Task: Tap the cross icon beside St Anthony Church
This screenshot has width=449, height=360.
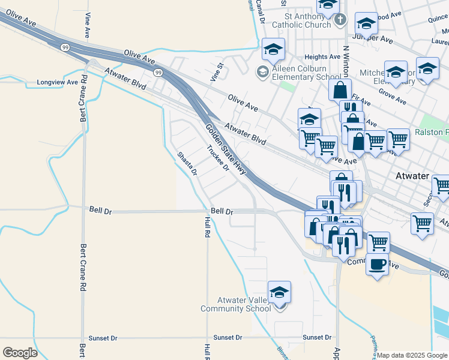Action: click(x=340, y=20)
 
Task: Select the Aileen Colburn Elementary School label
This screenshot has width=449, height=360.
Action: click(x=307, y=73)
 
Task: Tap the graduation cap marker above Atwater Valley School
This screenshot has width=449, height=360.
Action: click(x=279, y=293)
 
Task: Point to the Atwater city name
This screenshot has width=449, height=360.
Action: click(x=412, y=176)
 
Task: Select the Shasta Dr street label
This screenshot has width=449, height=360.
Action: click(x=187, y=163)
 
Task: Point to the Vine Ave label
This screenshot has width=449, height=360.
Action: click(x=88, y=23)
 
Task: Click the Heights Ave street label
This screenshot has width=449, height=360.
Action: click(x=323, y=57)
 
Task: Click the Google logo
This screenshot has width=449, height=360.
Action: click(x=20, y=353)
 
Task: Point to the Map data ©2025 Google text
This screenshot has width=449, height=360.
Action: click(x=412, y=355)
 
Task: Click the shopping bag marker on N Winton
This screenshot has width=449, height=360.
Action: click(x=340, y=91)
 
